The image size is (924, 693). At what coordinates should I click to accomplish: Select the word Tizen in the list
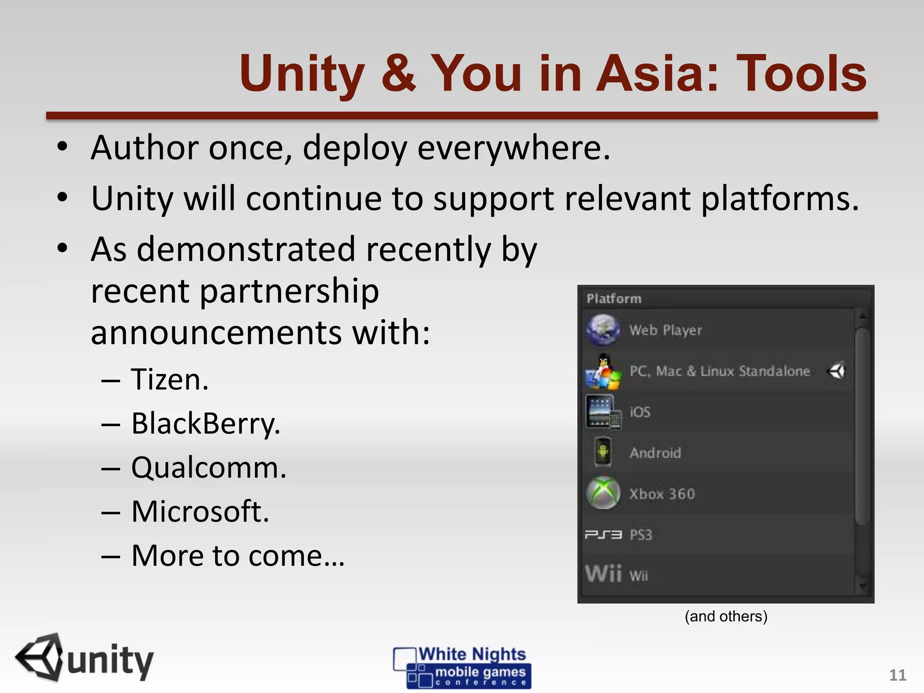coord(170,379)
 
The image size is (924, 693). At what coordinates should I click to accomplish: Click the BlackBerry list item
coord(206,424)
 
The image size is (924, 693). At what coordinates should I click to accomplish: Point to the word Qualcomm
coord(208,468)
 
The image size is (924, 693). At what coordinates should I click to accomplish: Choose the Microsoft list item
coord(200,512)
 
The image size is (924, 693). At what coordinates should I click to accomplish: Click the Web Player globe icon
coord(603,330)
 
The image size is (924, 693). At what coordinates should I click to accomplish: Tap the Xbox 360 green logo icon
coord(603,493)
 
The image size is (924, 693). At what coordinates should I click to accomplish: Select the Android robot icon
coord(603,452)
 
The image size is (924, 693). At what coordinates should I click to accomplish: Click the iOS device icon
coord(603,412)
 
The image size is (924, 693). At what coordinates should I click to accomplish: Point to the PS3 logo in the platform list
coord(603,535)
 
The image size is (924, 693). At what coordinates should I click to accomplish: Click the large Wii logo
coord(603,574)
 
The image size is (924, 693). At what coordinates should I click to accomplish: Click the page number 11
coord(897,675)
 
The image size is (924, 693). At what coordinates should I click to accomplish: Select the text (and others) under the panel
coord(726,616)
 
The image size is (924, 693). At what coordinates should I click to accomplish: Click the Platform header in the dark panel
coord(614,299)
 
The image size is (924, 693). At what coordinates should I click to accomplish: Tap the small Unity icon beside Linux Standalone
coord(836,371)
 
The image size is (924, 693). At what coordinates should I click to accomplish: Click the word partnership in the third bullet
coord(289,291)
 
